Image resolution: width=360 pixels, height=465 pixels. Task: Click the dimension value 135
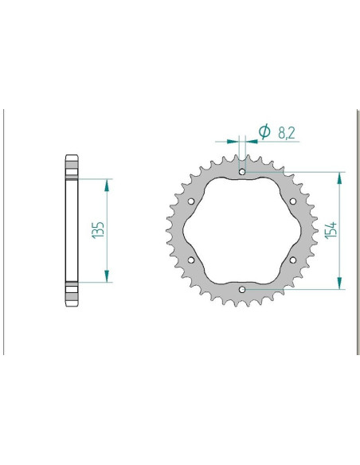[99, 230]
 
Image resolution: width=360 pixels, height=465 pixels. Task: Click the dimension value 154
[331, 230]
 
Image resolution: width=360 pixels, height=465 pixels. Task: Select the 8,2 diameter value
[287, 135]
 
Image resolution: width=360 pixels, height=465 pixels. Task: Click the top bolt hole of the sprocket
[242, 171]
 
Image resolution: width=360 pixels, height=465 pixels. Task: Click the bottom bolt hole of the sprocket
[242, 290]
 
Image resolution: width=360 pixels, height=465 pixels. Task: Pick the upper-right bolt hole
[293, 201]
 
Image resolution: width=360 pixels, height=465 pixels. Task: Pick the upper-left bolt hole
[191, 201]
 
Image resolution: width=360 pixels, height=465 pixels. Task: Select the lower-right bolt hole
[293, 260]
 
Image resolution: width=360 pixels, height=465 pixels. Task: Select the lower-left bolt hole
[191, 260]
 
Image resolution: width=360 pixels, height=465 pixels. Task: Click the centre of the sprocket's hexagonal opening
[242, 230]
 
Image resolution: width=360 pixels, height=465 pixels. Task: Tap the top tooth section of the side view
[71, 166]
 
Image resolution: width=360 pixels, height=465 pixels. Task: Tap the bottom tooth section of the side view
[71, 294]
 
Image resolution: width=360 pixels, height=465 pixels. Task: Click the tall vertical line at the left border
[5, 230]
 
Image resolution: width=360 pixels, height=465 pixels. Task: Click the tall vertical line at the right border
[356, 230]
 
